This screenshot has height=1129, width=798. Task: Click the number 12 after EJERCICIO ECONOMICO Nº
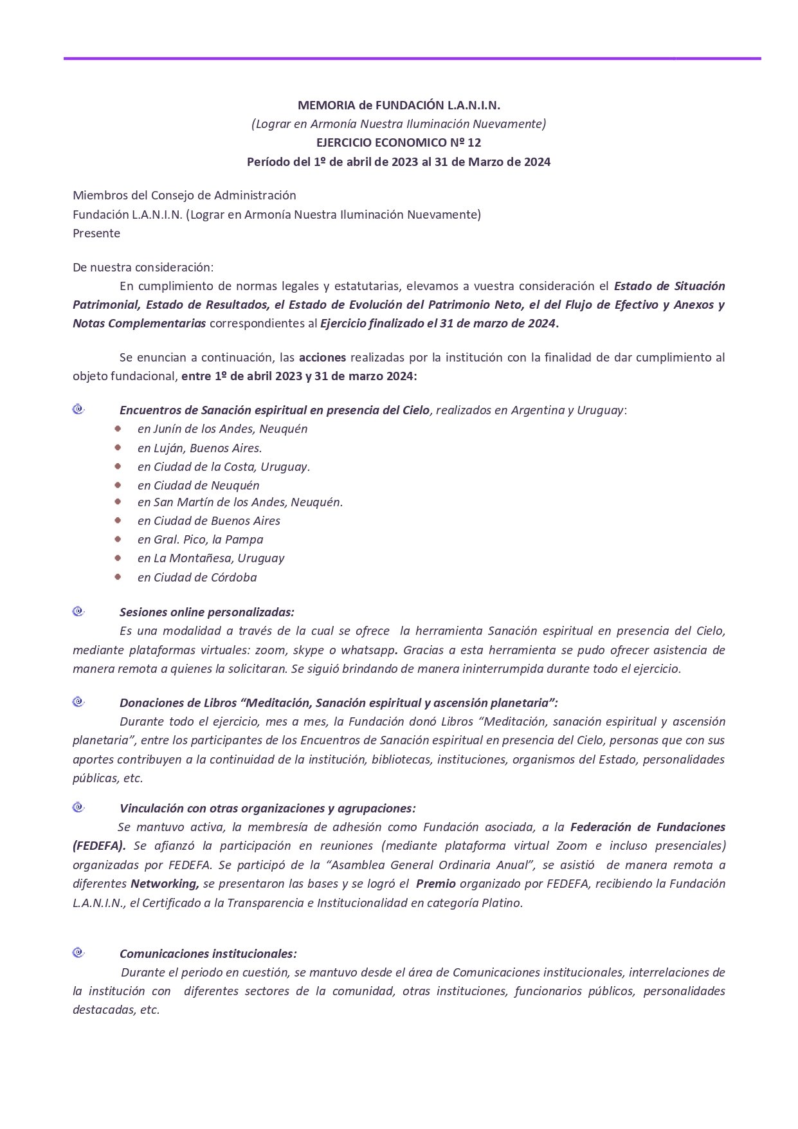tap(475, 142)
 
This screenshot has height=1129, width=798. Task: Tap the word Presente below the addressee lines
tap(96, 233)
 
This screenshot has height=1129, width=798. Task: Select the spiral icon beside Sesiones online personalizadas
tap(78, 611)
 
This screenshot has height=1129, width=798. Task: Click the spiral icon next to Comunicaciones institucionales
tap(78, 952)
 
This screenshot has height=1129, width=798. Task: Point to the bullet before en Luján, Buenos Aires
tap(118, 446)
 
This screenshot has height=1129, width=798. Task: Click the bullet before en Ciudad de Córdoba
tap(118, 576)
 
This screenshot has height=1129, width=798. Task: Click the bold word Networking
tap(165, 883)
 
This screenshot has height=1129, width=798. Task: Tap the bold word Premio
tap(435, 883)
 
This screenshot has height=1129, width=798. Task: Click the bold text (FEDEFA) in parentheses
tap(99, 845)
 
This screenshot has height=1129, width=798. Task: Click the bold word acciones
tap(322, 357)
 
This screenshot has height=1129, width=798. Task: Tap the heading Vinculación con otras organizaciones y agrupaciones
tap(268, 808)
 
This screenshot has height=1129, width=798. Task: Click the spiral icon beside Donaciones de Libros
tap(78, 701)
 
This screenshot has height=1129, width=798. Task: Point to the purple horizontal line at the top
tap(412, 59)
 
